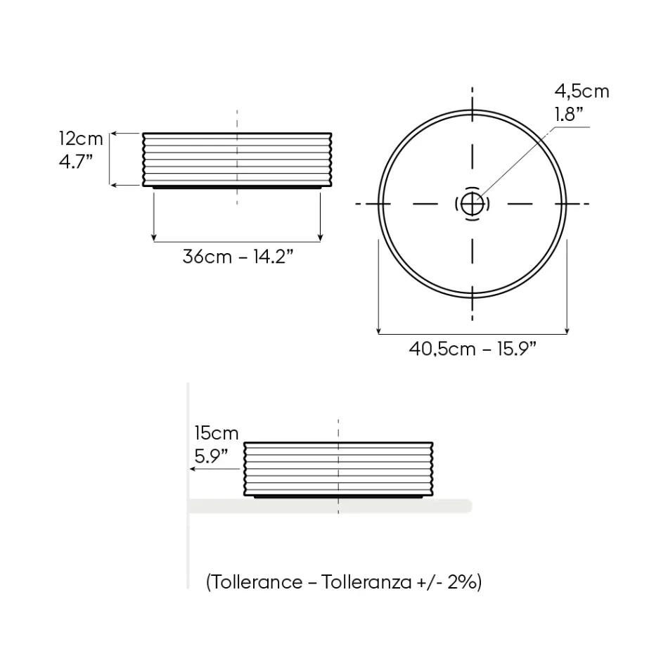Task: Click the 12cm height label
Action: [80, 139]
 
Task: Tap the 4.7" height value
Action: [76, 161]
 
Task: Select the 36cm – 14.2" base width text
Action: [238, 256]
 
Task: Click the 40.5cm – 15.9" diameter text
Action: [473, 348]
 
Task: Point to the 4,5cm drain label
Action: [582, 91]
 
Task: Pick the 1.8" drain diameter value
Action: [570, 114]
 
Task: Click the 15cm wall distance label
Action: [217, 433]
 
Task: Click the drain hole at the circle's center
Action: [472, 204]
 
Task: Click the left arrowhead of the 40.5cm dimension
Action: [379, 330]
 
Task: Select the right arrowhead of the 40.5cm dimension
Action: [567, 330]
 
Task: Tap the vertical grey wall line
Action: [188, 548]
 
